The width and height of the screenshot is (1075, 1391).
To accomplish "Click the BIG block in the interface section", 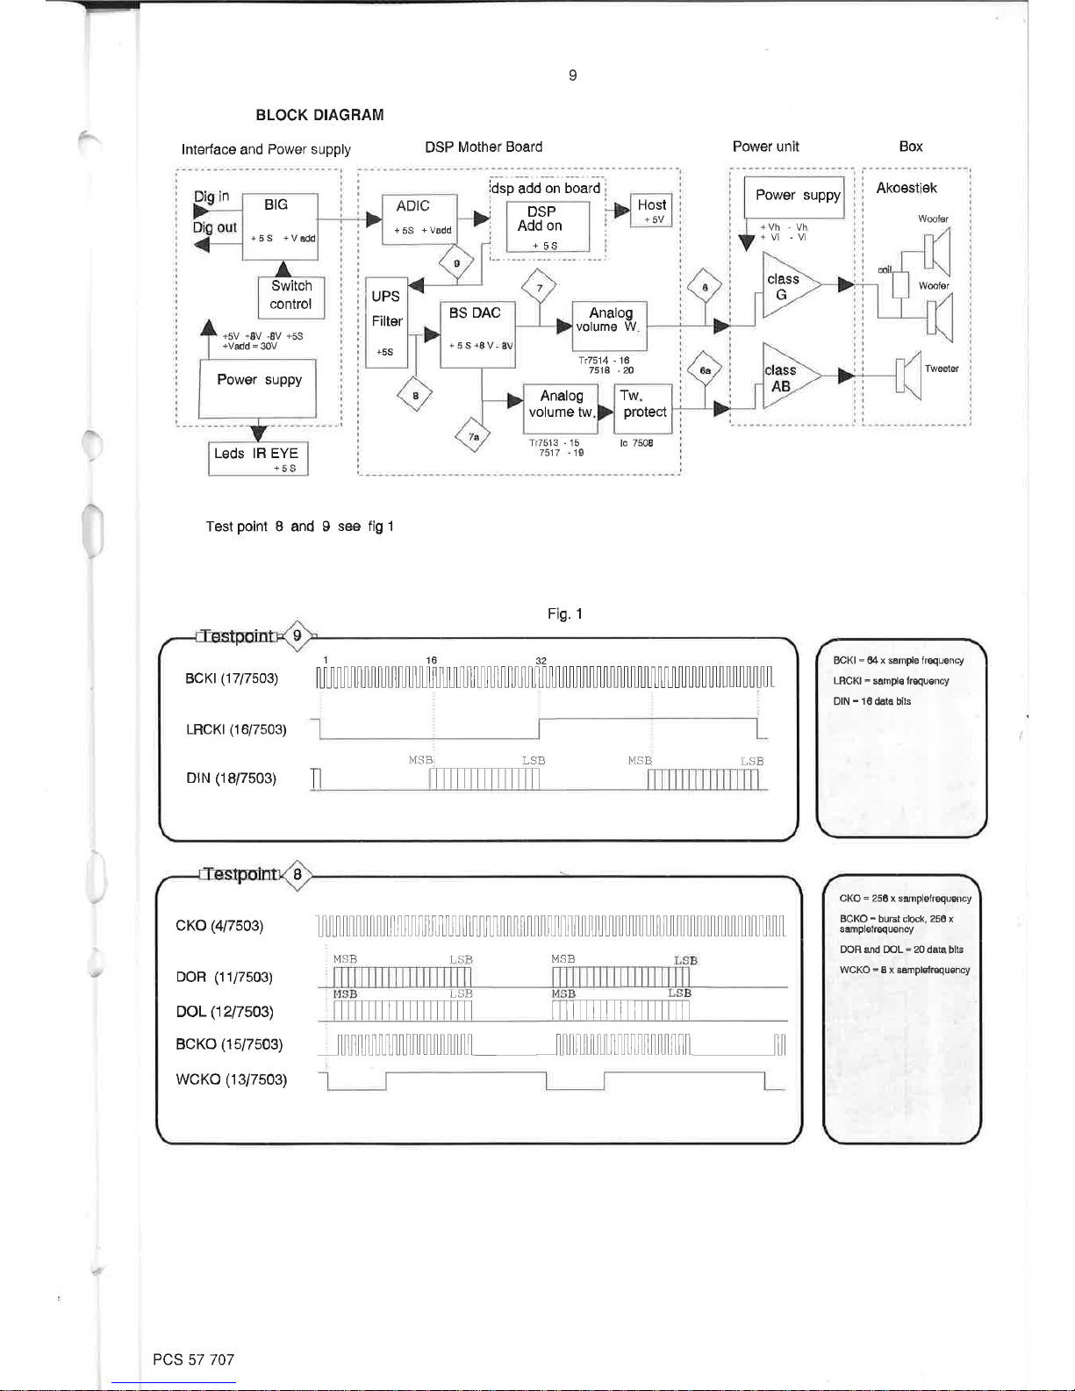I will [279, 226].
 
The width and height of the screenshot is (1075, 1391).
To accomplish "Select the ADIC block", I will [419, 219].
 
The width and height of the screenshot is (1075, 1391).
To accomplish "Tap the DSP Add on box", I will [547, 226].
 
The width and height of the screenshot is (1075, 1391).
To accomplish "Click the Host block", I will [652, 211].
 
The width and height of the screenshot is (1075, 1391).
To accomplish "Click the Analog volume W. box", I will [609, 326].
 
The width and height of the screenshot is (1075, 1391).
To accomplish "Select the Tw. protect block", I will [643, 408].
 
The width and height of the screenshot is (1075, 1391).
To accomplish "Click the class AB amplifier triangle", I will [786, 378].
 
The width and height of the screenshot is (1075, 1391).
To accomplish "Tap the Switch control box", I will [291, 297].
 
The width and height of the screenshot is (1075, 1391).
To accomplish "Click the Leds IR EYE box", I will [258, 458].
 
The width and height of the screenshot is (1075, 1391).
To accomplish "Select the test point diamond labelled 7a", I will [473, 435].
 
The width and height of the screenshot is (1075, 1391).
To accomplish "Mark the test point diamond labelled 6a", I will [705, 370].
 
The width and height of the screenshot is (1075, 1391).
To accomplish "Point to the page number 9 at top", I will [573, 75].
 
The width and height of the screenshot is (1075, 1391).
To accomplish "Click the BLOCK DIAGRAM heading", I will [319, 115].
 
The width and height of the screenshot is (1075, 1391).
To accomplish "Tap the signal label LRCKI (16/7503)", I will [236, 729].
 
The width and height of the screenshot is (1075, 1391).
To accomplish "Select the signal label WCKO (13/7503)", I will [232, 1079].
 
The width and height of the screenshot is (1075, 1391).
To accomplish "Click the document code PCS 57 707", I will [193, 1359].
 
